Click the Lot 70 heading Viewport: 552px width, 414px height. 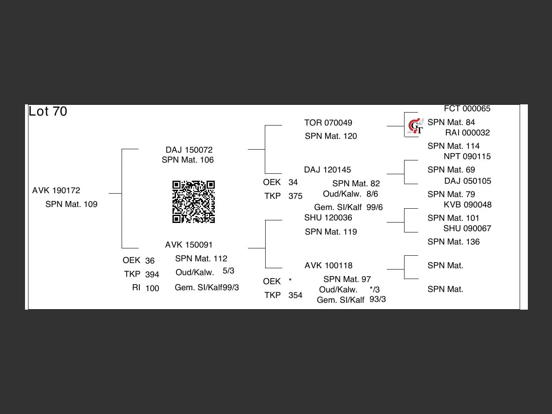tap(48, 111)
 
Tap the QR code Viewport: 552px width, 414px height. tap(194, 202)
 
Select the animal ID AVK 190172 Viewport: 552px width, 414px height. tap(56, 191)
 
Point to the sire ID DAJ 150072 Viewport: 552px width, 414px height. tap(189, 150)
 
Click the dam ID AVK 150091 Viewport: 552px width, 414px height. tap(189, 245)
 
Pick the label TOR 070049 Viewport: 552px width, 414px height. tap(328, 123)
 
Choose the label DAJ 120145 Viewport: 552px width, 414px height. tap(327, 170)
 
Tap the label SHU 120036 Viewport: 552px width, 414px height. tap(328, 218)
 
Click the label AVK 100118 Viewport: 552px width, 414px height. tap(329, 266)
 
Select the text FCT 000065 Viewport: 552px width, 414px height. tap(467, 109)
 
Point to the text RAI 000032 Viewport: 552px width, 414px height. tap(467, 133)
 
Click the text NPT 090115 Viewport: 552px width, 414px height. tap(467, 157)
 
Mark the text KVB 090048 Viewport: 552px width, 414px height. tap(467, 205)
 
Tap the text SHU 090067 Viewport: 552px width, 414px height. tap(467, 229)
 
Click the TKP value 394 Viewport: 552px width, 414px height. tap(152, 275)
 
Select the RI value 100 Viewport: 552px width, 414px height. tap(152, 289)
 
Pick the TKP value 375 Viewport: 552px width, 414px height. tap(295, 196)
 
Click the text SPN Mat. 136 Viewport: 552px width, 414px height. tap(453, 242)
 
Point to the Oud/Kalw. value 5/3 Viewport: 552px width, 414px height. tap(229, 271)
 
